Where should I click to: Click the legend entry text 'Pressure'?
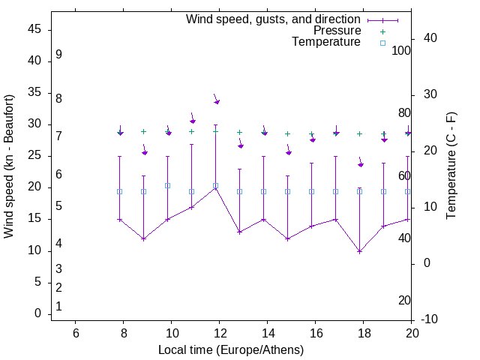pos(337,31)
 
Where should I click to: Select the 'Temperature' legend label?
pos(326,42)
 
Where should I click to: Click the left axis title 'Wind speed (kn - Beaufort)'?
pos(9,166)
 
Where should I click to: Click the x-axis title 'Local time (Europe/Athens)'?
pos(231,349)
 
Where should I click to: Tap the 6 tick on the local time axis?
pos(75,333)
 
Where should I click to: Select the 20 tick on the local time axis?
pos(411,333)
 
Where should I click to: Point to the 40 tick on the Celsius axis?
pos(430,38)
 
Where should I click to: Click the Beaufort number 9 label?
pos(58,55)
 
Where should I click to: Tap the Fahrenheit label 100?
pos(402,50)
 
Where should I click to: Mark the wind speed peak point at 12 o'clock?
pos(215,187)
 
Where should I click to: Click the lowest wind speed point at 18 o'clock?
pos(360,251)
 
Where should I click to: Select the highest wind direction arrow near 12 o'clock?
pos(216,101)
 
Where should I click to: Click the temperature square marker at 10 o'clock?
pos(167,185)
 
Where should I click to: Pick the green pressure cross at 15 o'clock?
pos(287,133)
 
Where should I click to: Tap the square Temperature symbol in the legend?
pos(382,43)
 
